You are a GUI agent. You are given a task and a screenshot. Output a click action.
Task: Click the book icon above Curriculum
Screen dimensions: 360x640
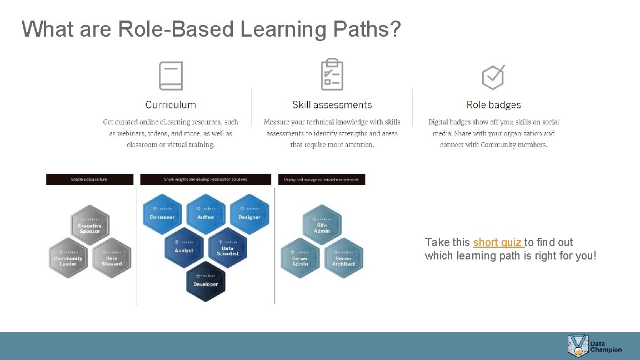(171, 76)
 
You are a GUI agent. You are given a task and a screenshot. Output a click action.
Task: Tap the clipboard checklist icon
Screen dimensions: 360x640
(332, 74)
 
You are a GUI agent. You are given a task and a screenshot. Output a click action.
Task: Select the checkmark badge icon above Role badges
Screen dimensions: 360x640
(493, 77)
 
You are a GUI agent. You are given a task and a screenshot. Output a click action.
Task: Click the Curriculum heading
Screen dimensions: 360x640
(171, 104)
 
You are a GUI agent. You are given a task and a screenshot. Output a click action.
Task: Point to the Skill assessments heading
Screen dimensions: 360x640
(332, 104)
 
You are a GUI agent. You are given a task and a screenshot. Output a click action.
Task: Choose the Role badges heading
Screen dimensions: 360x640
(493, 104)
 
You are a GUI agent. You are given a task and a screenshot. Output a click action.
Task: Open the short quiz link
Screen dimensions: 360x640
(498, 242)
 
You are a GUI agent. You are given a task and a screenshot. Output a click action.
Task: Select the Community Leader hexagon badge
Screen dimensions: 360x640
(68, 258)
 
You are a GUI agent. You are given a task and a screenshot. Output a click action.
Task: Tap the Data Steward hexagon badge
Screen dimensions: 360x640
(112, 258)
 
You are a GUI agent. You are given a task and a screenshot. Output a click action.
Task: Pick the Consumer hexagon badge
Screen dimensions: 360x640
(162, 214)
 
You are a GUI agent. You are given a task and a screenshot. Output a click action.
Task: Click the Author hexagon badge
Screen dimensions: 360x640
(206, 214)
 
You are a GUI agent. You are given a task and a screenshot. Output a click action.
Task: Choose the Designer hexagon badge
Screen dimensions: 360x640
(249, 214)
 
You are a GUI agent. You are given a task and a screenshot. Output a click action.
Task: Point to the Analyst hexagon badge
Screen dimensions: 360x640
(184, 248)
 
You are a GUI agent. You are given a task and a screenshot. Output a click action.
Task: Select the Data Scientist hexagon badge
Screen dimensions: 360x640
(227, 248)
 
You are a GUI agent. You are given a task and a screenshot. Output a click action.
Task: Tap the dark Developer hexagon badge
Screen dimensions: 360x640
(206, 282)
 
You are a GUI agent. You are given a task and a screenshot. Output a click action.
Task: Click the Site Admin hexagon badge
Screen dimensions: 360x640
(322, 225)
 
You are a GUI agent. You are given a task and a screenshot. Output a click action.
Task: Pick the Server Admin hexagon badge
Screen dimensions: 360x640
(300, 258)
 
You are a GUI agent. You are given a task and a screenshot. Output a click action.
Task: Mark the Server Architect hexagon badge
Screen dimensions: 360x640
(343, 258)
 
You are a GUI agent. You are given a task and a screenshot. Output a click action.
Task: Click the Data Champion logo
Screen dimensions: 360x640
(594, 346)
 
